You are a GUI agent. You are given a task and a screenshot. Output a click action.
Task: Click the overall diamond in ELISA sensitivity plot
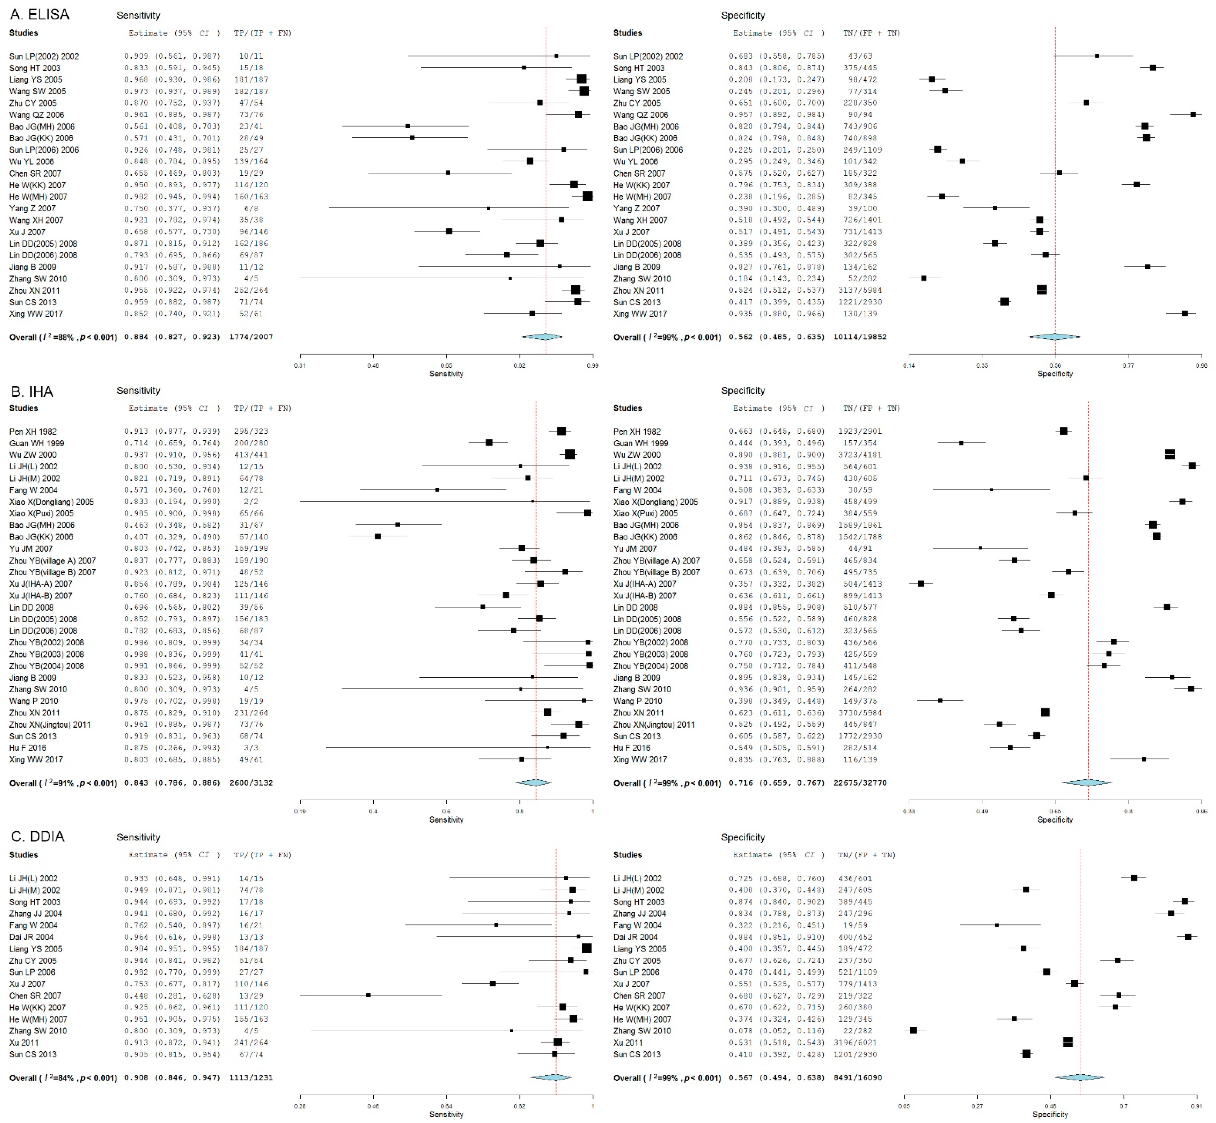coord(542,337)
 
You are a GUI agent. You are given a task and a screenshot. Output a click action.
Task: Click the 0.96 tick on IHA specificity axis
coord(1201,811)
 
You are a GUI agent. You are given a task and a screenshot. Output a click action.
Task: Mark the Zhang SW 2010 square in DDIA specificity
coord(913,1031)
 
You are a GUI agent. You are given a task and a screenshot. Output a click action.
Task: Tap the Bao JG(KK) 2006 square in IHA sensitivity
coord(377,537)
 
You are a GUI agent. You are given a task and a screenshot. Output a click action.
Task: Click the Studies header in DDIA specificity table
coord(628,855)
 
